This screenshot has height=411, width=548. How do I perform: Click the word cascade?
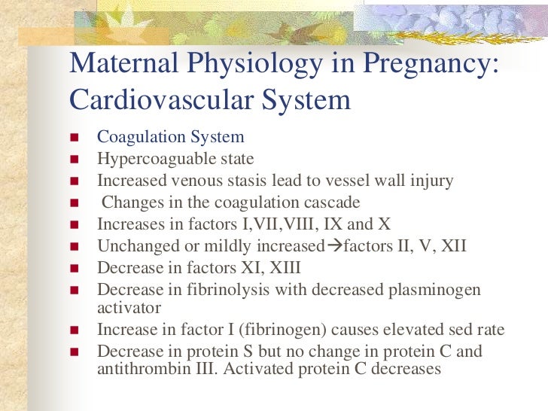(x=328, y=202)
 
